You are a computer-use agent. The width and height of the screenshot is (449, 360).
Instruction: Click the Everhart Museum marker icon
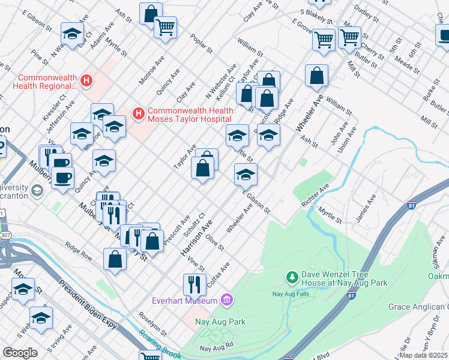pos(227,299)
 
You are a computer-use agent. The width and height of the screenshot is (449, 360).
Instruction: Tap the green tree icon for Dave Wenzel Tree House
pos(292,277)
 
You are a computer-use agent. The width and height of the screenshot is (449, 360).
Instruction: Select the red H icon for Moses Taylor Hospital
pos(139,112)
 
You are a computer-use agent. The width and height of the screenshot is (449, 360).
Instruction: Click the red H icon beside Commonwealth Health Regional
pos(88,79)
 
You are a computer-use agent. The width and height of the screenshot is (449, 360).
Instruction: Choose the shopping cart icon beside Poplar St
pos(165,26)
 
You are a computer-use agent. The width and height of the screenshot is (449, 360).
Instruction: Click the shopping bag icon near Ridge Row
pos(115,259)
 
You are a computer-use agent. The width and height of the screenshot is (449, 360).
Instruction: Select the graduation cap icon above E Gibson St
pos(245,175)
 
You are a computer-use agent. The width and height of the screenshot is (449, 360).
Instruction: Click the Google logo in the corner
pos(20,353)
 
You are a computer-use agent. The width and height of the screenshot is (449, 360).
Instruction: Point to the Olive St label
pos(214,243)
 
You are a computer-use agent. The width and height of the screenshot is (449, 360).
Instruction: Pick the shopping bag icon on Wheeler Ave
pos(316,76)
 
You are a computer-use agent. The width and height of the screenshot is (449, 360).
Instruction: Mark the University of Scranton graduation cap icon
pos(37,191)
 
